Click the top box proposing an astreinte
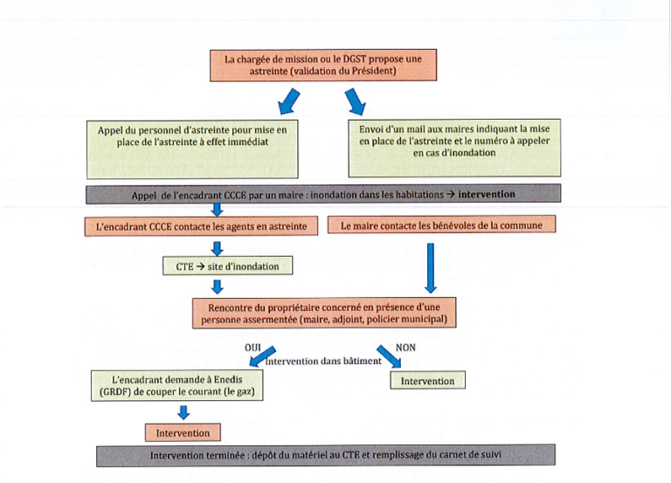(x=322, y=66)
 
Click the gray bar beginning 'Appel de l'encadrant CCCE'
(x=322, y=194)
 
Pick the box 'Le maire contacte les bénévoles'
(x=440, y=225)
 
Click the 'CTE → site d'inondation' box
(x=226, y=265)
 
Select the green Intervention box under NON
(x=427, y=381)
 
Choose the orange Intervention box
(x=182, y=432)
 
